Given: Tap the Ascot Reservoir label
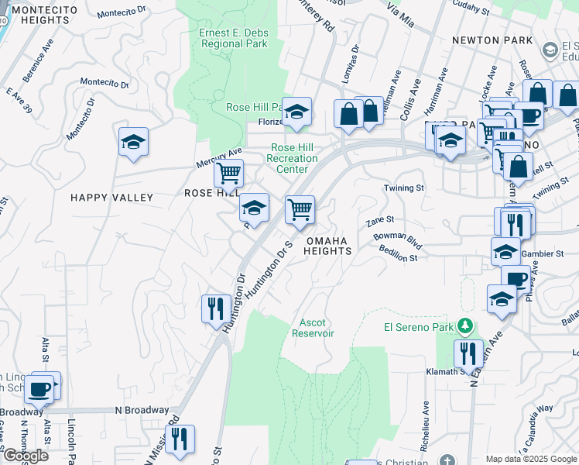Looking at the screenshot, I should click(x=313, y=327).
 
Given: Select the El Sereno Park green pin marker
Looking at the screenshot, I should click(x=464, y=326).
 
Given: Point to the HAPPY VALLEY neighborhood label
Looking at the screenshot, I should click(x=112, y=198).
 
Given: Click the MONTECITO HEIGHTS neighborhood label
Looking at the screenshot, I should click(x=36, y=13).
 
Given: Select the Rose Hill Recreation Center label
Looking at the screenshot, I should click(x=292, y=158).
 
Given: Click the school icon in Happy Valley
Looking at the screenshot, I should click(x=133, y=143).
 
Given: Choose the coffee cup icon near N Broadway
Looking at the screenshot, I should click(x=39, y=389).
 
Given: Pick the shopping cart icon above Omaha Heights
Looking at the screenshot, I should click(x=300, y=208).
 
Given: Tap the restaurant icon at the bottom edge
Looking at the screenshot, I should click(x=180, y=439).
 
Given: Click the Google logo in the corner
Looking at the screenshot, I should click(x=26, y=456).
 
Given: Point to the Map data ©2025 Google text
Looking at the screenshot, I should click(x=531, y=459).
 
